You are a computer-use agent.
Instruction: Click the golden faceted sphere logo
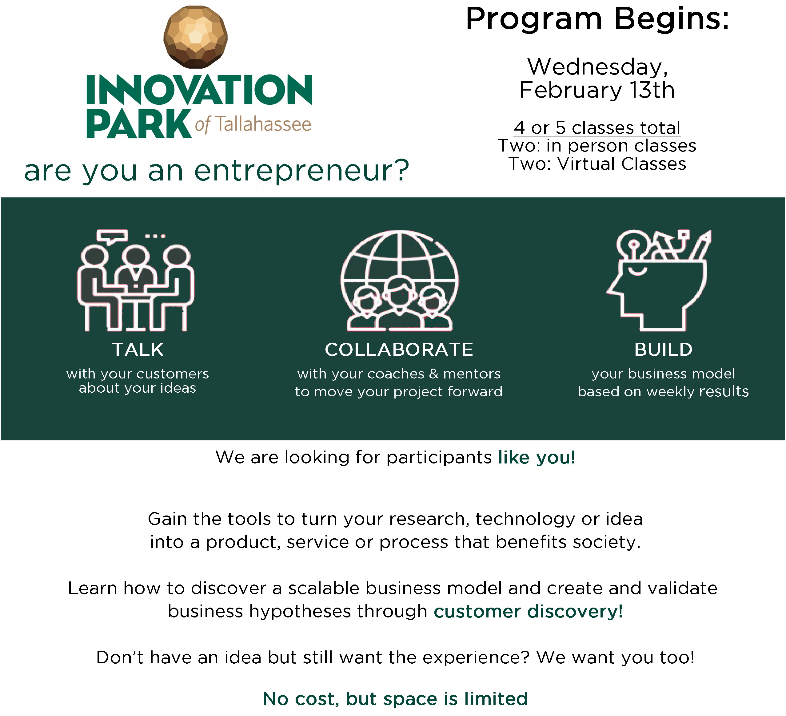point(195,37)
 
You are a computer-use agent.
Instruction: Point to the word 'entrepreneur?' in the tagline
point(302,171)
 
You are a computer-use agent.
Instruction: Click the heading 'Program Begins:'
point(597,19)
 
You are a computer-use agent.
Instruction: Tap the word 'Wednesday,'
point(598,67)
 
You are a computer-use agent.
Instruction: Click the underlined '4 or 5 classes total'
point(597,127)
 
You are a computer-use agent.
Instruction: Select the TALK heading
point(138,350)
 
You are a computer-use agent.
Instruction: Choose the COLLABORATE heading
point(399,350)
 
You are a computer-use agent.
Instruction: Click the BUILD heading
point(663,350)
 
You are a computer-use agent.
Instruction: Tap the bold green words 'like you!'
point(537,457)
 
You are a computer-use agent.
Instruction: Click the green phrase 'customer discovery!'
point(528,611)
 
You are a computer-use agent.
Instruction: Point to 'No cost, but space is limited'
point(395,698)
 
